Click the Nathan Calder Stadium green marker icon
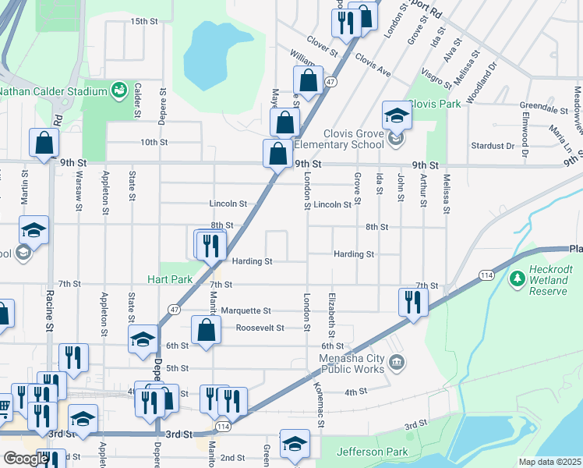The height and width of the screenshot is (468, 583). point(119,91)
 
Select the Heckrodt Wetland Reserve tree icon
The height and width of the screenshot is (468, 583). point(516,278)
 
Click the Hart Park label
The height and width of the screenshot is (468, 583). point(170,278)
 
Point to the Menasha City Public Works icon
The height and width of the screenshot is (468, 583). point(397,361)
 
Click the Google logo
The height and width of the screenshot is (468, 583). point(25,459)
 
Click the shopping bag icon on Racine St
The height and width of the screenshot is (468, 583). point(44,142)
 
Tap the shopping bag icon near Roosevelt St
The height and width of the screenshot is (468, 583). point(206,329)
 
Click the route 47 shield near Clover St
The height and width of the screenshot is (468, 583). point(331,81)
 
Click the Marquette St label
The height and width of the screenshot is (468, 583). point(245,310)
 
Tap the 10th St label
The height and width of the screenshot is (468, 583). point(154,142)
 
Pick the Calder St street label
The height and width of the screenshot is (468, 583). point(137,101)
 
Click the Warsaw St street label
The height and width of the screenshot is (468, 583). point(79,197)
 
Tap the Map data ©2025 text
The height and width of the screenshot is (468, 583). point(549,462)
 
